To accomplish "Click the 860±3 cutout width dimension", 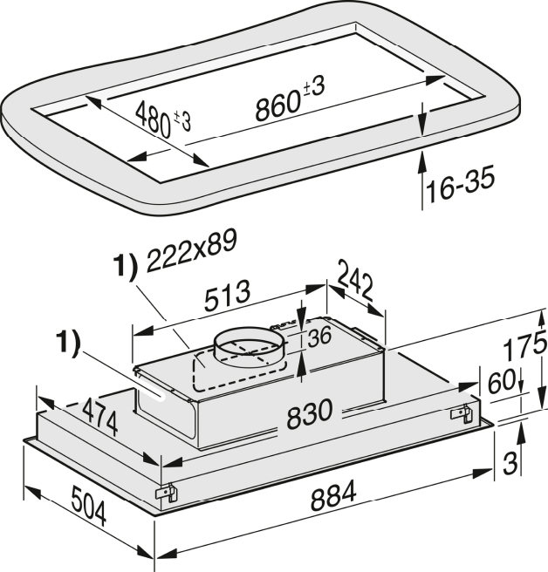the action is point(290,98).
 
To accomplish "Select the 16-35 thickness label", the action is point(461,183).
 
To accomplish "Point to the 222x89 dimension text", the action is point(191,250).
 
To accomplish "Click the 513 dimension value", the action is point(228,296).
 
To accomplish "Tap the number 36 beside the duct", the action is point(319,337).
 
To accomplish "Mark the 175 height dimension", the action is point(525,345).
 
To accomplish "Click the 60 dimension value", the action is point(502,381).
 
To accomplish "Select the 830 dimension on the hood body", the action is point(310,413).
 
